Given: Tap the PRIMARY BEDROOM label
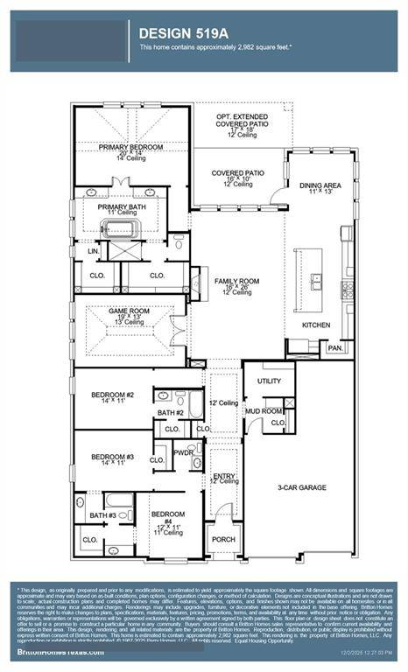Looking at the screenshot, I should tap(130, 147).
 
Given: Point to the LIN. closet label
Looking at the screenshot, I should tap(94, 251).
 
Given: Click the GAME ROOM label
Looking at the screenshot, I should tap(125, 311).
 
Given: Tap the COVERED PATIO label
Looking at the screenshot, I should tap(237, 173).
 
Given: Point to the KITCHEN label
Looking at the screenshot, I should tap(316, 325).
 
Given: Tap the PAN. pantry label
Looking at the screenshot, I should tap(334, 347).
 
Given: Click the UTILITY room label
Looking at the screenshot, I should tap(269, 381).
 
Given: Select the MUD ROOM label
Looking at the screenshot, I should tap(263, 409).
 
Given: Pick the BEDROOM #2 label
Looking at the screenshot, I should tap(112, 395).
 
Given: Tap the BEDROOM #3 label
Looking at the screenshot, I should tap(112, 457).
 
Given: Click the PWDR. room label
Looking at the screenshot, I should tap(183, 452).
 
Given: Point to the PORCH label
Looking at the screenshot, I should tap(222, 539).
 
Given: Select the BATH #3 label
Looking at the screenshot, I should tap(102, 515).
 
